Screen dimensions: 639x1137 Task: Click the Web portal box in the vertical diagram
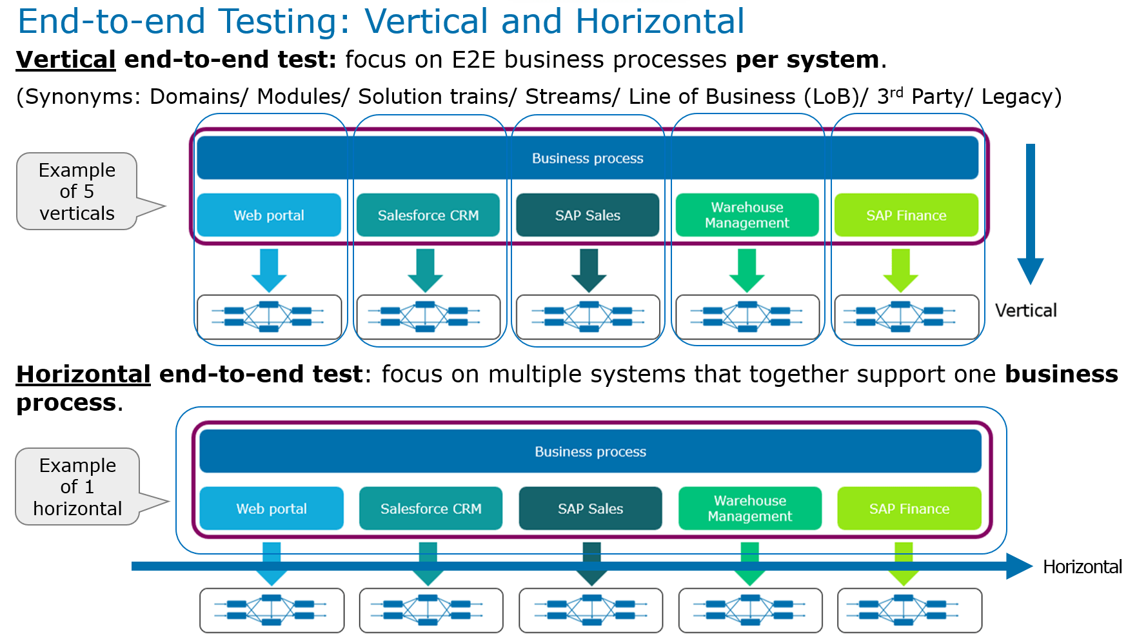click(x=269, y=215)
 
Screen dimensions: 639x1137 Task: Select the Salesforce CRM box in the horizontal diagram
click(x=431, y=509)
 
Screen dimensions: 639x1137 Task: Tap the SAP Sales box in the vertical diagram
click(x=588, y=215)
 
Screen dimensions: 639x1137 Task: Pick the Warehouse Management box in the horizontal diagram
click(x=749, y=509)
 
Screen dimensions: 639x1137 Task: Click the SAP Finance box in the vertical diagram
click(x=906, y=215)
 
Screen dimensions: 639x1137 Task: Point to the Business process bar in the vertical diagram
click(x=587, y=158)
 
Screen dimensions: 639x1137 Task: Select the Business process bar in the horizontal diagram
click(x=590, y=451)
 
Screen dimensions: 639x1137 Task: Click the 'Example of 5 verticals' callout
click(x=77, y=192)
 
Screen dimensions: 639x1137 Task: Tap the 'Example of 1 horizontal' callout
click(x=77, y=487)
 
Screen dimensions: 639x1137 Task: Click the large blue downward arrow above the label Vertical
click(x=1030, y=213)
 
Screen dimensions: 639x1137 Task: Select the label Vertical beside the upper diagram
click(x=1025, y=311)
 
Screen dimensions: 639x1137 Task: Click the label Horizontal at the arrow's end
click(x=1082, y=567)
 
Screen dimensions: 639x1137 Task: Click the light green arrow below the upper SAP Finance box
click(x=900, y=270)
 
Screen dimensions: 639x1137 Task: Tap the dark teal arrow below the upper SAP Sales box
click(x=588, y=270)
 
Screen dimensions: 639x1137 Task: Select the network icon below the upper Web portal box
click(x=269, y=317)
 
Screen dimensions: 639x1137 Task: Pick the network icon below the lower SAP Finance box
click(x=909, y=610)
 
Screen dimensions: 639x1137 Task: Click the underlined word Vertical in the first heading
click(x=66, y=60)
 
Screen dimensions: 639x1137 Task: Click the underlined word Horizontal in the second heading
click(x=83, y=375)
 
